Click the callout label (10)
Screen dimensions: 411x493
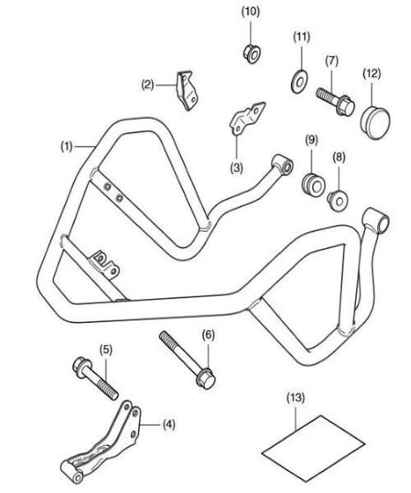(251, 12)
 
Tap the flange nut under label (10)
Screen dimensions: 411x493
(252, 53)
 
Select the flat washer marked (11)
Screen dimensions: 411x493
(299, 82)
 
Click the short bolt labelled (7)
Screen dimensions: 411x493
(335, 101)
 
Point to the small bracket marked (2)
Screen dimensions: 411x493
(187, 90)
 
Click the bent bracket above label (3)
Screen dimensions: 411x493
(247, 118)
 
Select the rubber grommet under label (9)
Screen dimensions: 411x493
(313, 185)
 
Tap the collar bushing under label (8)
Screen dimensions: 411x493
(337, 200)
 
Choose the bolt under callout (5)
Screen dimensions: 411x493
(95, 378)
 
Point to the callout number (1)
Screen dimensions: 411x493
(67, 146)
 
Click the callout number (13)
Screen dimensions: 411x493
(296, 398)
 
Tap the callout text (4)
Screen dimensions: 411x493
(169, 425)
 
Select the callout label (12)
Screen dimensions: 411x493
(372, 74)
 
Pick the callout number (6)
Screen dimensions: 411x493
(209, 335)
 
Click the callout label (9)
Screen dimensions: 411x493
(312, 140)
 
